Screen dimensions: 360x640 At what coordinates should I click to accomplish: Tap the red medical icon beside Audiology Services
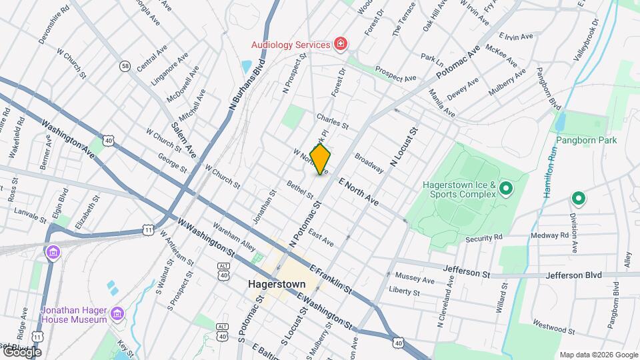341,45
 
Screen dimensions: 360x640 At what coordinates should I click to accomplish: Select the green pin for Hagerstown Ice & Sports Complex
505,189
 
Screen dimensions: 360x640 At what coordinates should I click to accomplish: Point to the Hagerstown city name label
276,283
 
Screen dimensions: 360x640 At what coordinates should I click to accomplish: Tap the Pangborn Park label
587,140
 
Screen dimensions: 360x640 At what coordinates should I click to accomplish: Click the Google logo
22,352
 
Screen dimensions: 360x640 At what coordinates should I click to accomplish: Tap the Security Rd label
484,238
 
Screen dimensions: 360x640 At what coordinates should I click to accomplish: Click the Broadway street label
369,165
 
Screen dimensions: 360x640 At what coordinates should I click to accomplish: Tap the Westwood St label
553,329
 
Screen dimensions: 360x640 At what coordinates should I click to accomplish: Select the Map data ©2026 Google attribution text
598,355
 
